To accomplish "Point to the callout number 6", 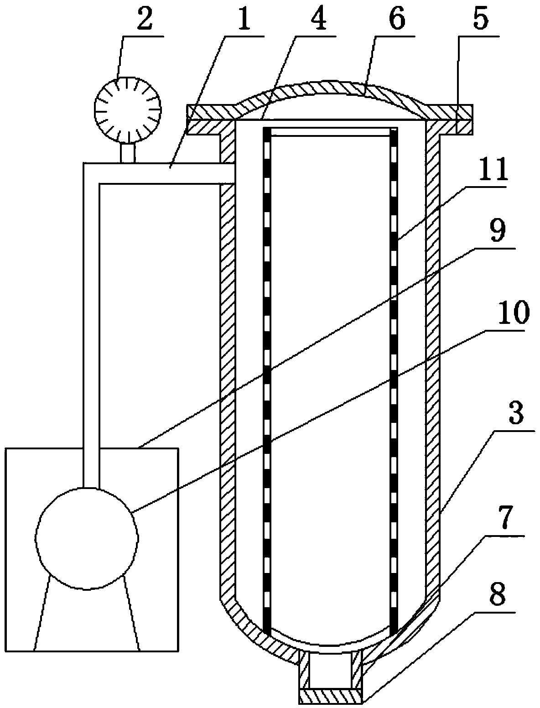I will (x=395, y=21).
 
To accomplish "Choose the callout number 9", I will (x=496, y=233).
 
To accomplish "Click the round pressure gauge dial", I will (x=128, y=110).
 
